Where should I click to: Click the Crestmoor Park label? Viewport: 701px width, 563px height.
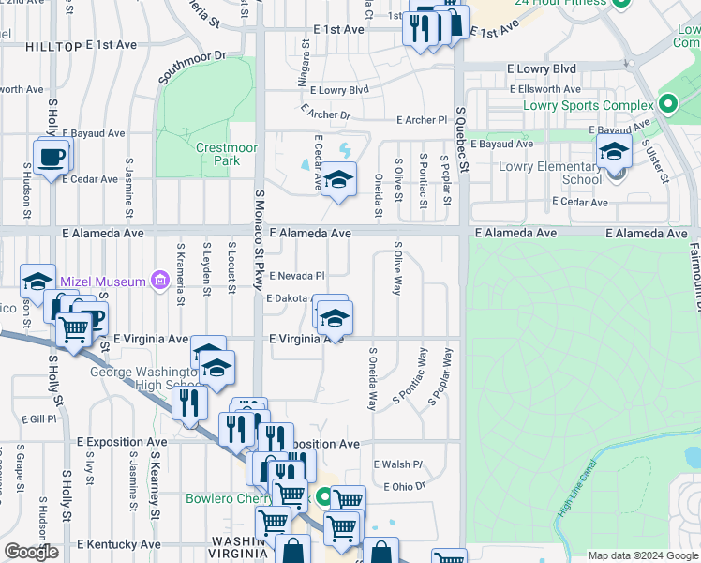coord(218,154)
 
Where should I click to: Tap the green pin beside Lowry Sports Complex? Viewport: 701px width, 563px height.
coord(668,103)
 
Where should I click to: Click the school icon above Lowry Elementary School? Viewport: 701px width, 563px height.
coord(614,150)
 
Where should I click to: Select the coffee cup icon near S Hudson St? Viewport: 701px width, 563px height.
coord(52,156)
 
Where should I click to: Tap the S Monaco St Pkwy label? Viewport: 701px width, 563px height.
coord(260,235)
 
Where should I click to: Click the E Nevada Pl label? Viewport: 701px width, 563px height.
coord(296,276)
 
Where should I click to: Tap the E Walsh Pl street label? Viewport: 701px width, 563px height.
coord(398,464)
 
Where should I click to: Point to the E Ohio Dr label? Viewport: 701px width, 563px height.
coord(405,486)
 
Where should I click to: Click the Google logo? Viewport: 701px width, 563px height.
coord(31,552)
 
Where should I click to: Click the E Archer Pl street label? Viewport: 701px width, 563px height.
coord(422,120)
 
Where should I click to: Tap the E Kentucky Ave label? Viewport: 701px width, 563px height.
coord(119,544)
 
